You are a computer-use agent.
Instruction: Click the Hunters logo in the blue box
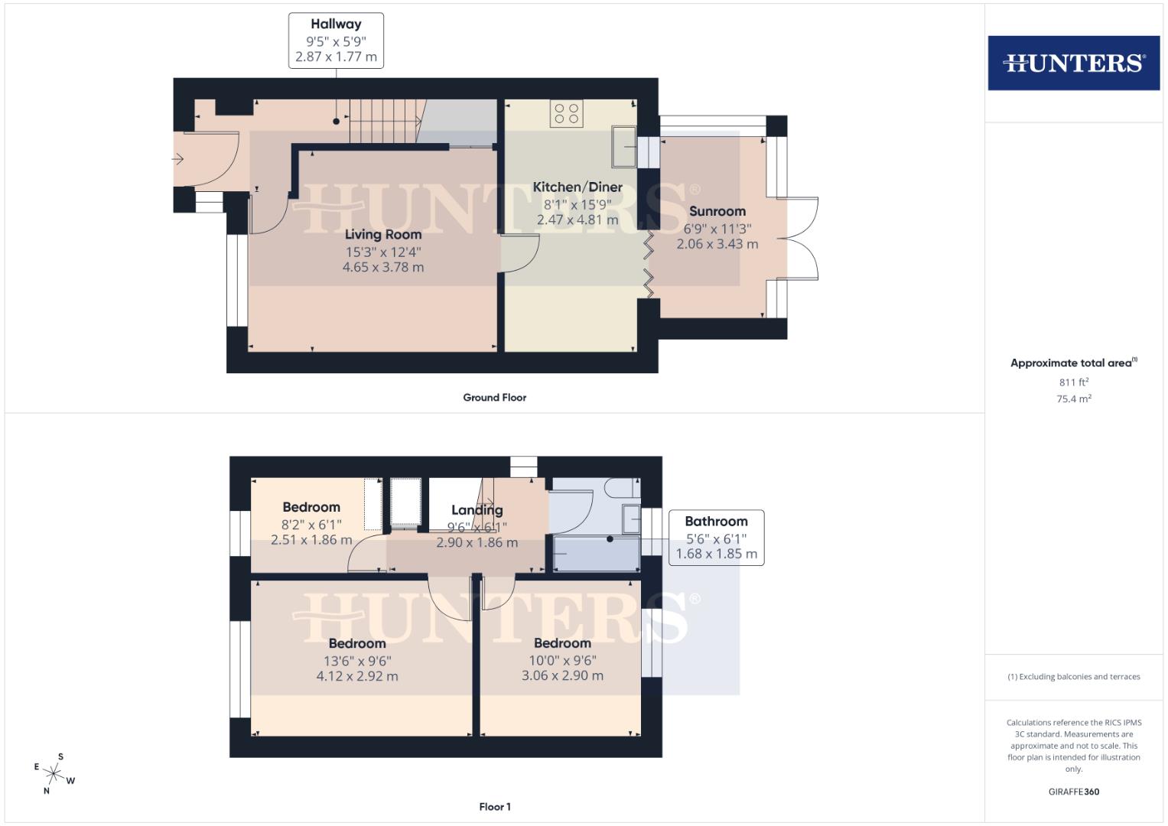click(1073, 63)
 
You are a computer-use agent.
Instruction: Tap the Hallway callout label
click(336, 24)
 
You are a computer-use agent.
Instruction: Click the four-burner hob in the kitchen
click(566, 114)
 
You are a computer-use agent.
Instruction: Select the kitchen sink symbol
click(623, 145)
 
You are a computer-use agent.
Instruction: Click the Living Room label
click(382, 234)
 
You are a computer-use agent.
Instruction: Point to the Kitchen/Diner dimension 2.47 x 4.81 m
click(577, 220)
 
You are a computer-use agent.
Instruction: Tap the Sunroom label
click(717, 211)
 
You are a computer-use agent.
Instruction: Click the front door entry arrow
click(177, 159)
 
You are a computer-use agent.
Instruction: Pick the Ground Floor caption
click(494, 398)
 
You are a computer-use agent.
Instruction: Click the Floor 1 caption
click(494, 807)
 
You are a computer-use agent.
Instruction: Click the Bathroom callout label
click(716, 522)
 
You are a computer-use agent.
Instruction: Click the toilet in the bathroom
click(620, 487)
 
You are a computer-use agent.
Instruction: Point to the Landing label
click(477, 510)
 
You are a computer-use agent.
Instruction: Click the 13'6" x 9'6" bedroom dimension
click(357, 661)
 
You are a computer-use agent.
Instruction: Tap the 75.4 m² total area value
click(1073, 398)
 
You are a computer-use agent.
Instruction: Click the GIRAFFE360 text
click(1073, 792)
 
